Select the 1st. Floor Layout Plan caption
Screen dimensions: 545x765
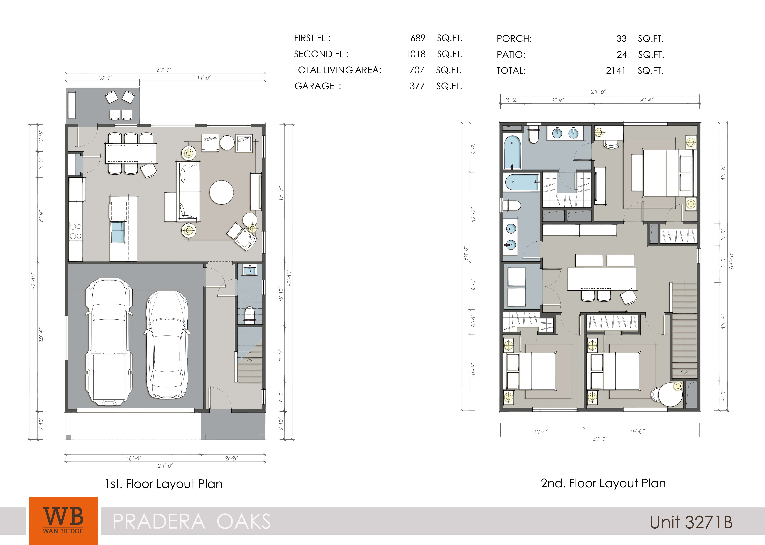point(164,484)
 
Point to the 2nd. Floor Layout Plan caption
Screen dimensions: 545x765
point(603,483)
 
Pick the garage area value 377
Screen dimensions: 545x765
point(417,86)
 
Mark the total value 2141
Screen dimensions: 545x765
point(615,71)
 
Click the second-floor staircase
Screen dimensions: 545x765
point(684,331)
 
